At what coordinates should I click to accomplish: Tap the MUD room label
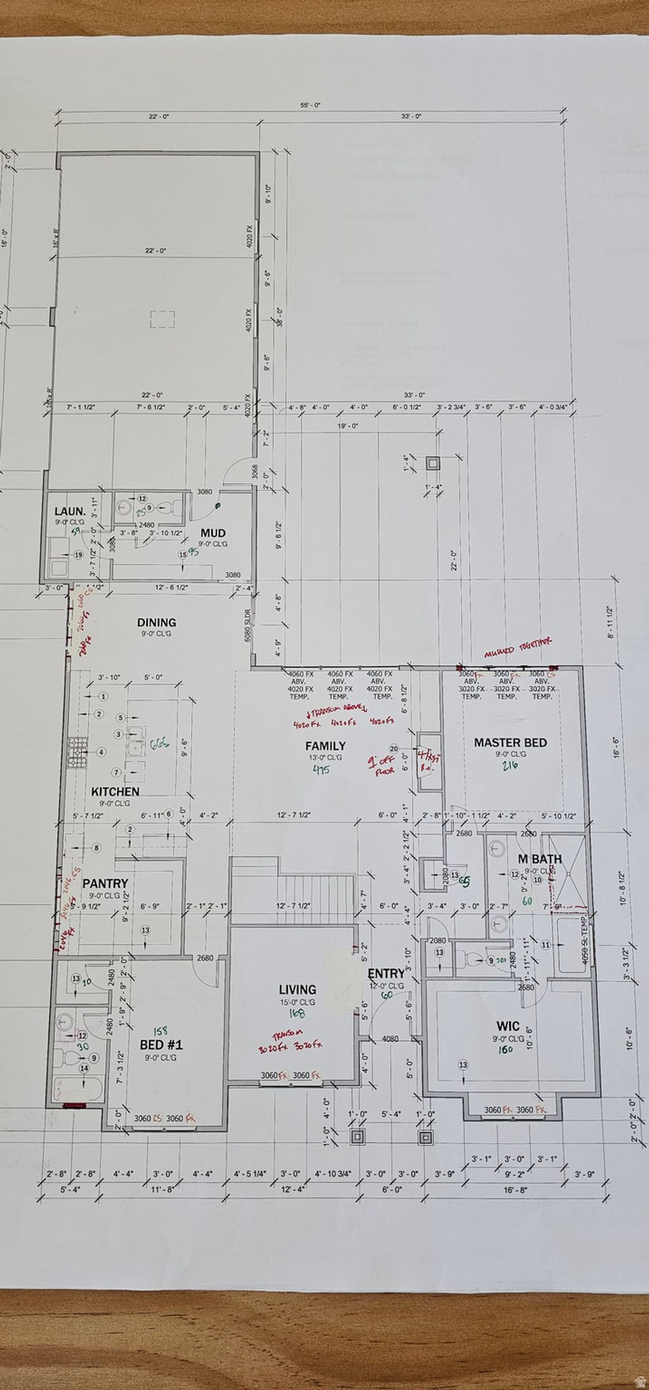[213, 533]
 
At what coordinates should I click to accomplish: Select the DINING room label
[157, 623]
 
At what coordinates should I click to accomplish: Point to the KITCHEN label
[115, 791]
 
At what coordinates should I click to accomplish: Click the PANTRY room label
[105, 883]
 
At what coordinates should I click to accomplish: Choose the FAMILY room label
[325, 746]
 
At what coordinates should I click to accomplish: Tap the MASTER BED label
[510, 743]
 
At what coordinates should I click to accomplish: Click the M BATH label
[539, 859]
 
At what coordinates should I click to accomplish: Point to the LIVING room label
[297, 990]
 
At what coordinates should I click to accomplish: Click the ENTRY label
[386, 974]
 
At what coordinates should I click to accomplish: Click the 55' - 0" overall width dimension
[311, 105]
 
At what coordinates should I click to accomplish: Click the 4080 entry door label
[390, 1039]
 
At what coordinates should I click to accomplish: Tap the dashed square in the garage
[162, 319]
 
